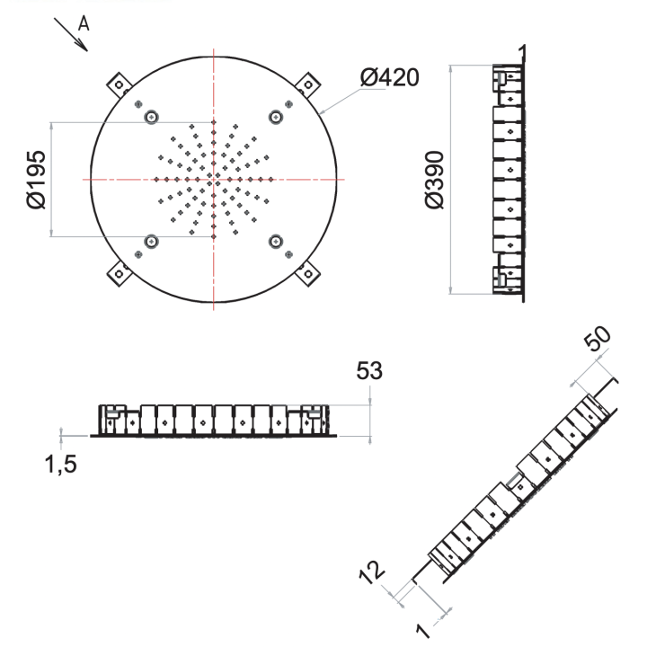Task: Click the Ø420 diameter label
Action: pyautogui.click(x=389, y=77)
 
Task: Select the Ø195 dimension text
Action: pyautogui.click(x=36, y=180)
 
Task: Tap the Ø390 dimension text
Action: pyautogui.click(x=435, y=180)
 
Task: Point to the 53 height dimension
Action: pyautogui.click(x=369, y=370)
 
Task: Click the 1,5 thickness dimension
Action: pyautogui.click(x=61, y=465)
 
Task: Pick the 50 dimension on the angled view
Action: pyautogui.click(x=597, y=339)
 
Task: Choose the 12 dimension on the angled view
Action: pyautogui.click(x=372, y=572)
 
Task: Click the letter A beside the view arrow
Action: pyautogui.click(x=84, y=23)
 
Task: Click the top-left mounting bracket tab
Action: pyautogui.click(x=120, y=84)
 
